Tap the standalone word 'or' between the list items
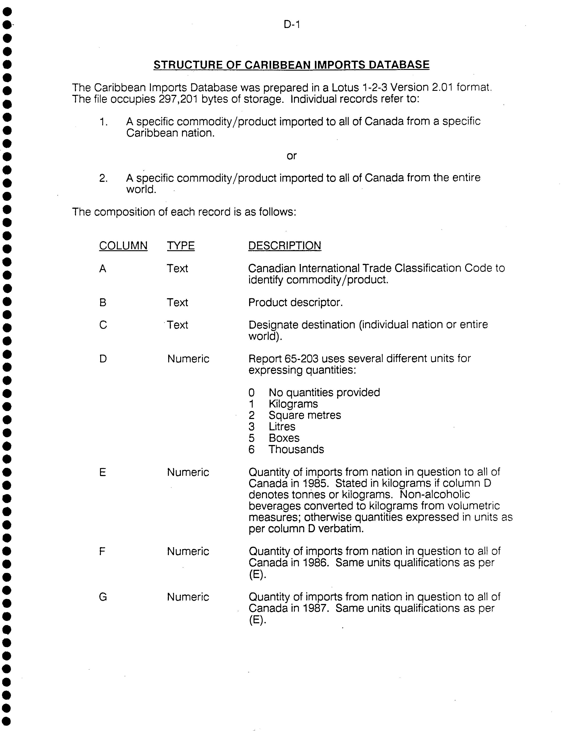click(x=291, y=156)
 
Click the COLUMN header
click(x=123, y=246)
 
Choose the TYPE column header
click(x=181, y=246)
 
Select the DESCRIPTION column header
click(x=284, y=246)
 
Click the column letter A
click(x=103, y=268)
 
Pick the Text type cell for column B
click(x=177, y=302)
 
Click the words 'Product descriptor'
click(x=295, y=302)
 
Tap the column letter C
click(x=103, y=325)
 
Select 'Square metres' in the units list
click(x=305, y=415)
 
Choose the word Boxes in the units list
click(x=284, y=438)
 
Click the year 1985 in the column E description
click(x=315, y=483)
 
